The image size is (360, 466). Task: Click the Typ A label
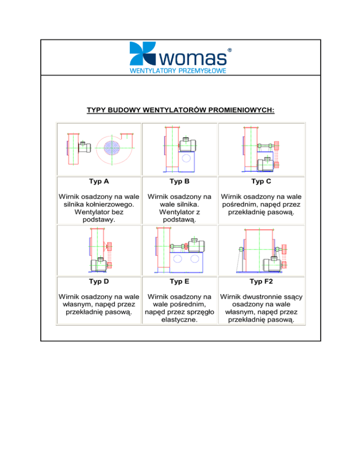tap(98, 180)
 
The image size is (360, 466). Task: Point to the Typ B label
tap(180, 180)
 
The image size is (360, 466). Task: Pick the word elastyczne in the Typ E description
tap(180, 321)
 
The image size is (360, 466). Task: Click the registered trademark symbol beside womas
tap(229, 49)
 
